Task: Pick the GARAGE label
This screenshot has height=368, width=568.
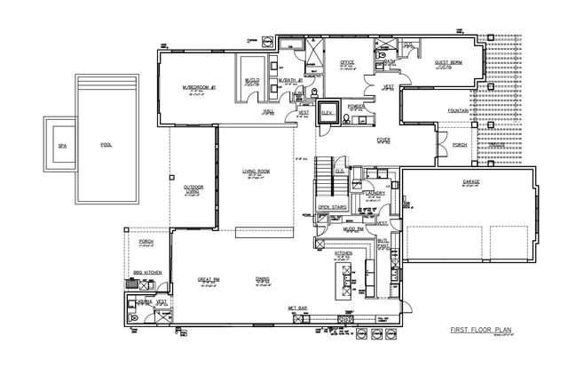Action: [470, 181]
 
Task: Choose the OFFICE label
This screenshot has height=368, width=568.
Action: [348, 62]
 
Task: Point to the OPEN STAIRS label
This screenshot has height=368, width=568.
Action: [331, 210]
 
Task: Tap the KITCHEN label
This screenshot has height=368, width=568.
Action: [343, 252]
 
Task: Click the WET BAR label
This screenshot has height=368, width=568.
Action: [296, 310]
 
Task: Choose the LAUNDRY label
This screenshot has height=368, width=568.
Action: [375, 193]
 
